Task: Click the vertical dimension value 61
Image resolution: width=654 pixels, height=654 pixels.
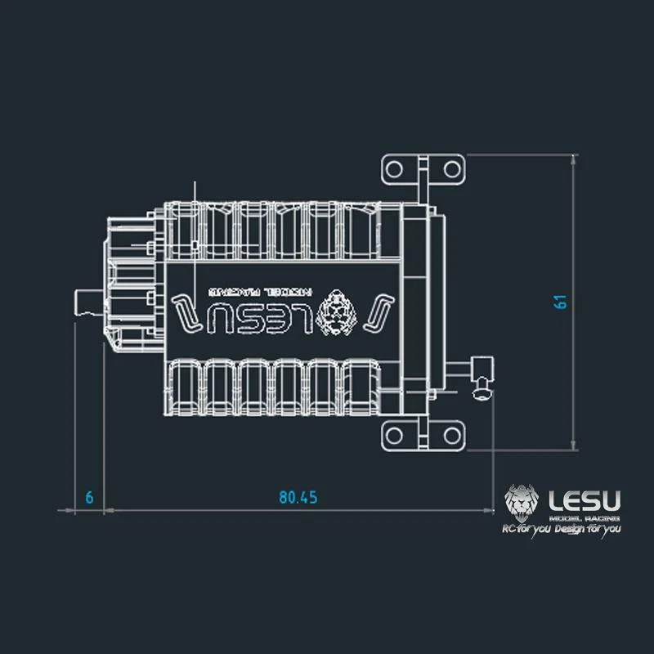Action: click(x=560, y=300)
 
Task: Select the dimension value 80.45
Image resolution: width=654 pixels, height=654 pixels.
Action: click(x=298, y=497)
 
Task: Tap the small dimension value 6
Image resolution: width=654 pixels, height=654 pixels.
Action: click(x=89, y=497)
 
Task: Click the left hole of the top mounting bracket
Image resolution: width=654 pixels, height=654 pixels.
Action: click(x=394, y=169)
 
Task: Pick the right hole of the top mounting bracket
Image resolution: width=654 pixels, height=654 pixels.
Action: click(x=450, y=169)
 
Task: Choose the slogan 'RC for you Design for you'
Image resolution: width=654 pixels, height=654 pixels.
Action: click(x=561, y=530)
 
